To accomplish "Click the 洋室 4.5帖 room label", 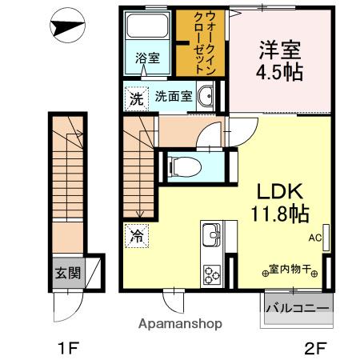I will point(280,59).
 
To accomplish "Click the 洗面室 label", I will point(173,97).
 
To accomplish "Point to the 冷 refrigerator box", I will point(135,236).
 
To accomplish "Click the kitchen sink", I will point(212,236).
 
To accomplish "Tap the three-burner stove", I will point(213,273).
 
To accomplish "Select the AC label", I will point(316,237).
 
